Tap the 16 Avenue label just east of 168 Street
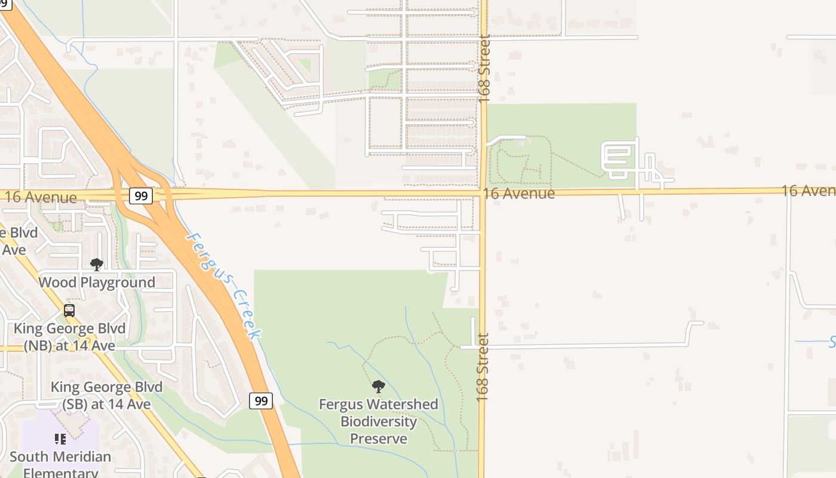(519, 194)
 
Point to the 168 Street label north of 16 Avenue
(484, 69)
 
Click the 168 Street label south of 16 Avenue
(483, 367)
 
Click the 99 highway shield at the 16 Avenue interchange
(141, 196)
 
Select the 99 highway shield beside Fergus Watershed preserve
(261, 401)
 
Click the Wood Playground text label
(97, 282)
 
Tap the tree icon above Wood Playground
(96, 265)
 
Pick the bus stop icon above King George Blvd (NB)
(69, 311)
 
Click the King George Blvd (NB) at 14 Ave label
(69, 337)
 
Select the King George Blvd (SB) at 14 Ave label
(106, 396)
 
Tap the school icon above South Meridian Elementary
(60, 440)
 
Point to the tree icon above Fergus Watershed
(378, 387)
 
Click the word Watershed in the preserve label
(404, 405)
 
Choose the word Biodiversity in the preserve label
(379, 422)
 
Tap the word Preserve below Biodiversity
(379, 439)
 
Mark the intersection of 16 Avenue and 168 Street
(482, 193)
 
